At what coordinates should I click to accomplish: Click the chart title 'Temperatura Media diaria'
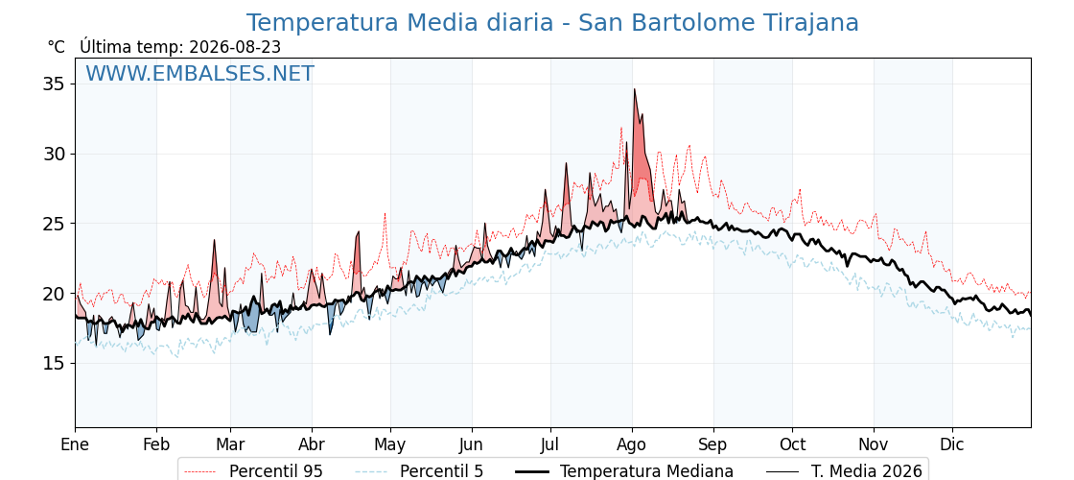[x=399, y=23]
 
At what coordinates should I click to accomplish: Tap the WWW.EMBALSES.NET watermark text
[x=200, y=73]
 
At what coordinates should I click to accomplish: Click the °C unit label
[x=57, y=47]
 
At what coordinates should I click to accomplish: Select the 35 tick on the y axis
[x=54, y=84]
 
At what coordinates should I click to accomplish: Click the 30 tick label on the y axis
[x=54, y=155]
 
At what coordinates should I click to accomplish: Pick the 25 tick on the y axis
[x=54, y=224]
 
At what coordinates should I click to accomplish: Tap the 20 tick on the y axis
[x=54, y=294]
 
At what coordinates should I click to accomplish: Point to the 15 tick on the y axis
[x=54, y=364]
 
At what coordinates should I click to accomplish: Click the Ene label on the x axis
[x=75, y=444]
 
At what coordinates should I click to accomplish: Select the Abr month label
[x=312, y=444]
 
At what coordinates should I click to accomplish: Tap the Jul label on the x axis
[x=550, y=444]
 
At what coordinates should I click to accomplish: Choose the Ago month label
[x=632, y=445]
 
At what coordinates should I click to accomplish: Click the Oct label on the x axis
[x=792, y=444]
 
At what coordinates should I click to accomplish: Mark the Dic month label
[x=952, y=444]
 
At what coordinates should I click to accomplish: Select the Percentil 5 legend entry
[x=420, y=471]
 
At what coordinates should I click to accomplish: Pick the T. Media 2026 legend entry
[x=845, y=471]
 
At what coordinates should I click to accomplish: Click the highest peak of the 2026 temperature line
[x=634, y=89]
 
